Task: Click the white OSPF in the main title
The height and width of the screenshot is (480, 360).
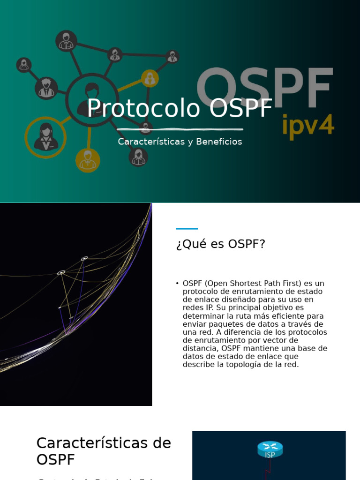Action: [x=241, y=108]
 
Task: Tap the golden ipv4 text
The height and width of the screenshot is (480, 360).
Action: [x=308, y=125]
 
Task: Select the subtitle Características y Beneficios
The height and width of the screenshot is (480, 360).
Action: [x=180, y=142]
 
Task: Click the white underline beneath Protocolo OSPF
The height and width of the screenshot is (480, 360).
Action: [x=180, y=129]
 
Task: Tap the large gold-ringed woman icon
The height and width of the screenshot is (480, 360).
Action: [x=45, y=137]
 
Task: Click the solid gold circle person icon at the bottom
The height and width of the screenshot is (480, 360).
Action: [x=88, y=160]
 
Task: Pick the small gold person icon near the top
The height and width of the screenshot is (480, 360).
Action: [x=150, y=78]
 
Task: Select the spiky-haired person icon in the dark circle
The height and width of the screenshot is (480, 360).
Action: [x=46, y=88]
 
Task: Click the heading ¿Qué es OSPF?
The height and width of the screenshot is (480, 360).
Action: [x=221, y=244]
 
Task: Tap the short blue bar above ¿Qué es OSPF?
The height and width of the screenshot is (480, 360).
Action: [x=187, y=229]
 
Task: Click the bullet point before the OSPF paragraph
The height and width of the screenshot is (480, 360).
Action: [x=178, y=284]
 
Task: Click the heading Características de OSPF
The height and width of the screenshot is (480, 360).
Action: [x=104, y=451]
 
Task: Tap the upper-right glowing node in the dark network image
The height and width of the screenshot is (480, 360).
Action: [x=84, y=258]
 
